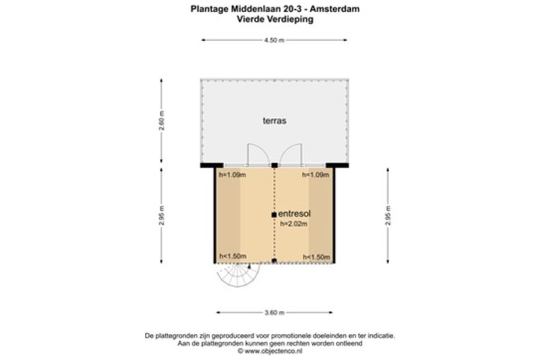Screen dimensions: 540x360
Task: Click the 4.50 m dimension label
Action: coord(274,40)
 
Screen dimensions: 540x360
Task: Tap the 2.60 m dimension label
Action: coord(161,121)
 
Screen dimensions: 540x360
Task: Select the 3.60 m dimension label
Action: coord(274,313)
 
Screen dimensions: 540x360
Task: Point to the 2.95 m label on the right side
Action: coord(388,215)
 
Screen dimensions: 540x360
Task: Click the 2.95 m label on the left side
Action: coord(161,215)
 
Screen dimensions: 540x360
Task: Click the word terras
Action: coord(274,121)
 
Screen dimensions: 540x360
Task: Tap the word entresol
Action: coord(295,214)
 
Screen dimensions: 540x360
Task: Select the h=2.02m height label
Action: coord(294,224)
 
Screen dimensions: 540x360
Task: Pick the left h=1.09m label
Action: coord(232,175)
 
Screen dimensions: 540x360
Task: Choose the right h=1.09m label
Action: coord(316,175)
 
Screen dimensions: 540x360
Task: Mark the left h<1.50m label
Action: coord(233,256)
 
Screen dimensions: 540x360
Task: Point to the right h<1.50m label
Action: coord(316,257)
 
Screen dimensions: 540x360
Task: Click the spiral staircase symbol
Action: coord(238,275)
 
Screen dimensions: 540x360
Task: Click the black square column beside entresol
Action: coord(274,215)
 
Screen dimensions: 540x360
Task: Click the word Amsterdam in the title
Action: coord(335,9)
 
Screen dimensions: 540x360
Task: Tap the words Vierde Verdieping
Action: coord(275,19)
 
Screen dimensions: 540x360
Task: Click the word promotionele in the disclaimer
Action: coord(289,335)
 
